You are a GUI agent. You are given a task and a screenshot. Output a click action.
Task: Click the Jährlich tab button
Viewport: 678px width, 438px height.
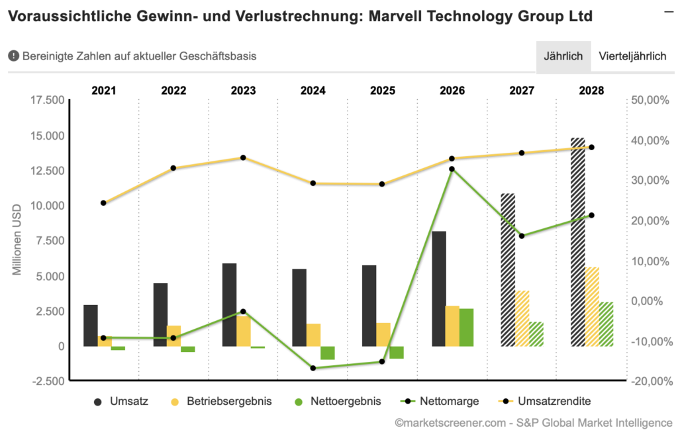click(563, 56)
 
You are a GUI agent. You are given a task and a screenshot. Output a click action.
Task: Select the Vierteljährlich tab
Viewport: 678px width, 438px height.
click(632, 56)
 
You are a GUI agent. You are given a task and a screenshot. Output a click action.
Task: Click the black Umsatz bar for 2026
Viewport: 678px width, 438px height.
click(438, 288)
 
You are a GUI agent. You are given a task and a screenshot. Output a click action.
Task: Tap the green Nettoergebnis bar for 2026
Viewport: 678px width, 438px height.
click(466, 327)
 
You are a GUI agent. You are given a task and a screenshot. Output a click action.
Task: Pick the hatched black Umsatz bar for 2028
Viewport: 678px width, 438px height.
click(577, 241)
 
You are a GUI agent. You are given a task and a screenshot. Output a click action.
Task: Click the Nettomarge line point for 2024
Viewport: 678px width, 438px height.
click(313, 368)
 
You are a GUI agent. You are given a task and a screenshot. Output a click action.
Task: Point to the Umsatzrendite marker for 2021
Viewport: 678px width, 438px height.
click(103, 202)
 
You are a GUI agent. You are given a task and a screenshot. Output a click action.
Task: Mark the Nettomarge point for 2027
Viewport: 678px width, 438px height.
click(522, 236)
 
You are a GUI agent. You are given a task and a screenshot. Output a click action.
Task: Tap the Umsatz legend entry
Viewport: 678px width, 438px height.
click(122, 401)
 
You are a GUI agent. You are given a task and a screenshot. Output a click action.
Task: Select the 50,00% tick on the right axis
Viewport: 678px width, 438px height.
click(653, 100)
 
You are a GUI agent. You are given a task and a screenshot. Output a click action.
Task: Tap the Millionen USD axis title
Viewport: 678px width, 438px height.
click(18, 240)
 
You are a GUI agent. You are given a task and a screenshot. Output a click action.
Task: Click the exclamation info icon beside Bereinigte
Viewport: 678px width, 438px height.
click(14, 56)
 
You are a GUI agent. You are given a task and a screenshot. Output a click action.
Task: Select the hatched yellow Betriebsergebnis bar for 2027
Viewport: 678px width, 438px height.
click(522, 318)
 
